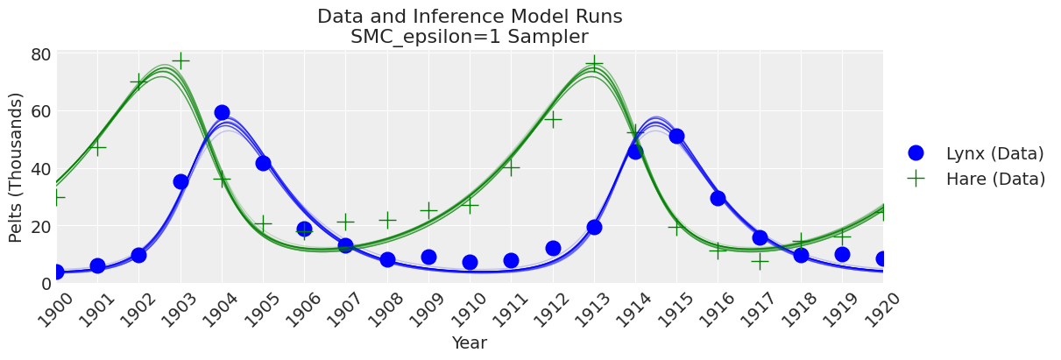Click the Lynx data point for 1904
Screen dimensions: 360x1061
tap(222, 112)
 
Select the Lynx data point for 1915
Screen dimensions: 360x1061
tap(676, 136)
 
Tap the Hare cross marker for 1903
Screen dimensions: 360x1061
tap(180, 60)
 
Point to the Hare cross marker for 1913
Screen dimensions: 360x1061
tap(594, 63)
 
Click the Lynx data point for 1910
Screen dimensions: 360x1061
tap(470, 262)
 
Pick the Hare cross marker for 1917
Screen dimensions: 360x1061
tap(760, 260)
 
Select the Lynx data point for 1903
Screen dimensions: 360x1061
tap(180, 181)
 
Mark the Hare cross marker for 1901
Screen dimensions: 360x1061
tap(97, 147)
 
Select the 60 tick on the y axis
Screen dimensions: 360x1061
tap(40, 111)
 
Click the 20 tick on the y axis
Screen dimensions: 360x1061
tap(40, 226)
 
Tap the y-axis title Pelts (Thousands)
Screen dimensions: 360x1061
tap(17, 167)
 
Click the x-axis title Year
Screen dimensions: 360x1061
tap(469, 343)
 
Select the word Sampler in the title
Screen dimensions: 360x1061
tap(551, 37)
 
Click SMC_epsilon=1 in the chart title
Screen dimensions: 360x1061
tap(428, 37)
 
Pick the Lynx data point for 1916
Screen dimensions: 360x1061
tap(718, 198)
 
